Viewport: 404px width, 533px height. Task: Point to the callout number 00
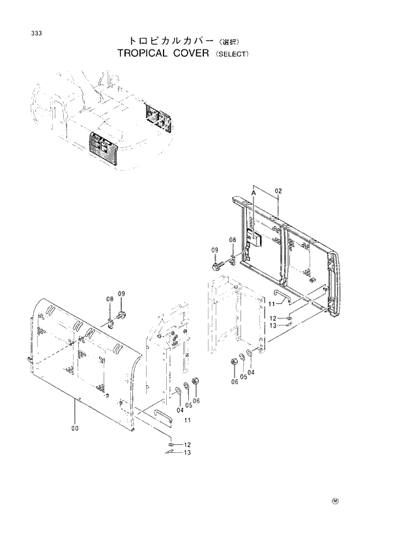point(76,429)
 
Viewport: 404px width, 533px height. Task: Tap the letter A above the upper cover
point(253,194)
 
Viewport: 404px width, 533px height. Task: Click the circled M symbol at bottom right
point(336,501)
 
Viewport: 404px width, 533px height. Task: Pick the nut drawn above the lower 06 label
point(194,381)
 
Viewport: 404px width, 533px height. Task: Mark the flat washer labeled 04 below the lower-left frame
point(178,391)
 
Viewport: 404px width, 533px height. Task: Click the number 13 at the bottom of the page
point(187,452)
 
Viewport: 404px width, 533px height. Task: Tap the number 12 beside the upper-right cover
point(273,318)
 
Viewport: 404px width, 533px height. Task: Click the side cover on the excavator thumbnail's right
point(158,120)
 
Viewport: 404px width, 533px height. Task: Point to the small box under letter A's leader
point(256,239)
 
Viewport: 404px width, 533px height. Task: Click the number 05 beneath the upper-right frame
point(244,376)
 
